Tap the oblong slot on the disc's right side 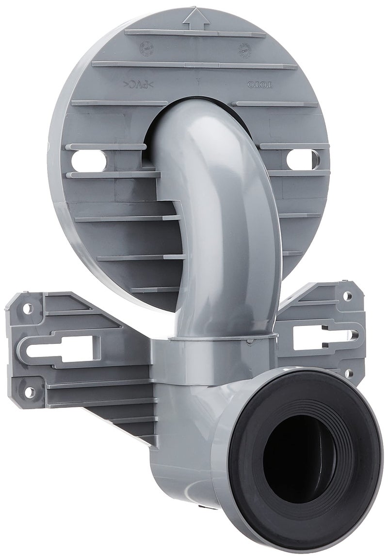pyautogui.click(x=299, y=159)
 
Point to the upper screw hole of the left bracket pyautogui.click(x=28, y=307)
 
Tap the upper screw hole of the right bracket pyautogui.click(x=347, y=295)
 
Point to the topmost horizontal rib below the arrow pyautogui.click(x=195, y=33)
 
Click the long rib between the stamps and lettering pyautogui.click(x=194, y=65)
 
